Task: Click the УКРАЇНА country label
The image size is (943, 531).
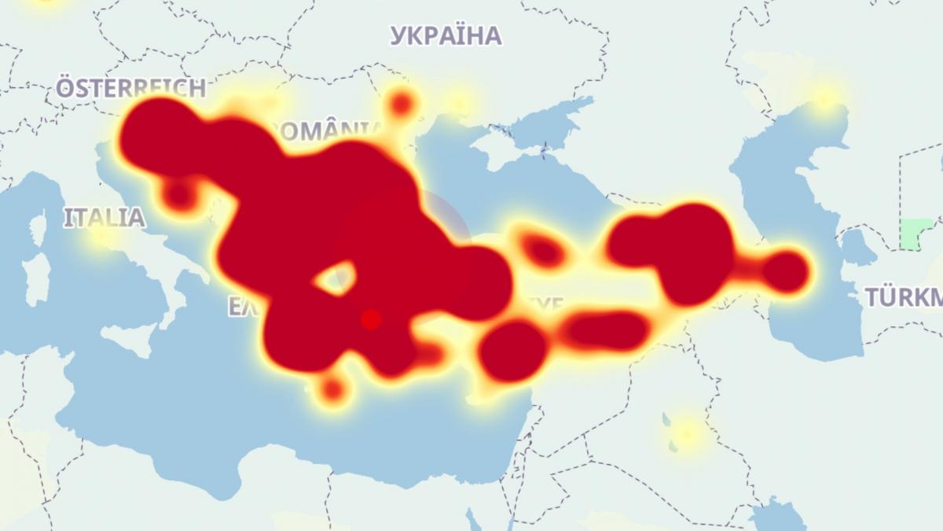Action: click(446, 35)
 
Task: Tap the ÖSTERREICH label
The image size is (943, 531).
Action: click(130, 87)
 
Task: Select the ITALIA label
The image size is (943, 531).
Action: click(105, 217)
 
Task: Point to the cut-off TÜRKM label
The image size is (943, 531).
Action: click(904, 297)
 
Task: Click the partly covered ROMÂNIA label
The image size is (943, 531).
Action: click(330, 128)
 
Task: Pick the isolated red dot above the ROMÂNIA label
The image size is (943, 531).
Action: click(402, 103)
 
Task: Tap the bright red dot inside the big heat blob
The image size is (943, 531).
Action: click(371, 319)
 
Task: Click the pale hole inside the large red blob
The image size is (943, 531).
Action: click(336, 278)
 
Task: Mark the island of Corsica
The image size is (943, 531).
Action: click(38, 229)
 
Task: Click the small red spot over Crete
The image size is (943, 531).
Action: click(333, 388)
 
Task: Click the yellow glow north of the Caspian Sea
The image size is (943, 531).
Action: click(824, 97)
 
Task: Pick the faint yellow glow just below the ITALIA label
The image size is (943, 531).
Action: click(101, 237)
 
